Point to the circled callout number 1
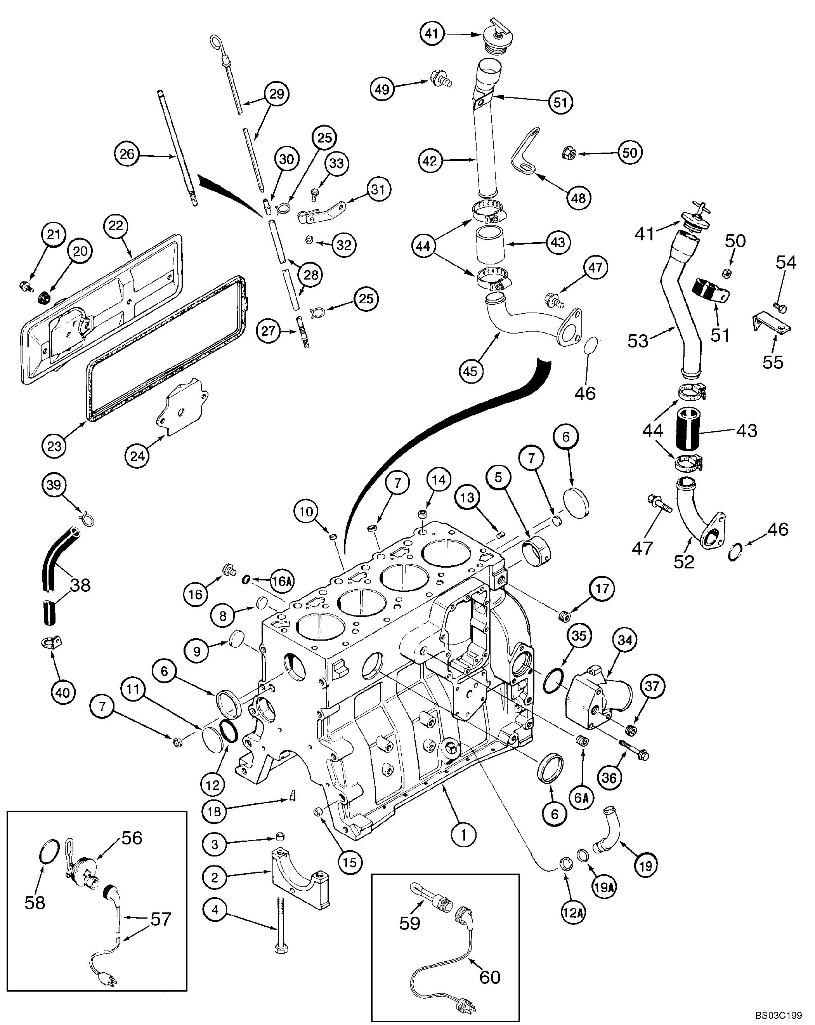pyautogui.click(x=464, y=834)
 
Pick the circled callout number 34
pyautogui.click(x=625, y=640)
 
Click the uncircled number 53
pyautogui.click(x=638, y=341)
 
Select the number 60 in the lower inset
pyautogui.click(x=490, y=973)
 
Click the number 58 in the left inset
pyautogui.click(x=35, y=902)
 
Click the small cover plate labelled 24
pyautogui.click(x=183, y=409)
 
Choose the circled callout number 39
pyautogui.click(x=54, y=485)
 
